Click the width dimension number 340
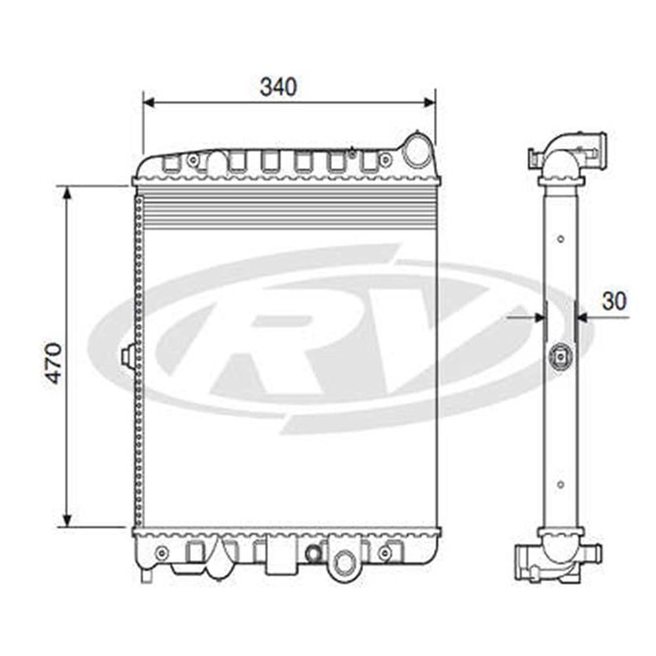pos(278,87)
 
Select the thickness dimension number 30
pos(614,300)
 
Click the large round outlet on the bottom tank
pos(343,561)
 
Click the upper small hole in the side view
pos(560,239)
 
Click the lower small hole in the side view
pos(560,485)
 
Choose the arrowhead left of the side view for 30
pos(539,318)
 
